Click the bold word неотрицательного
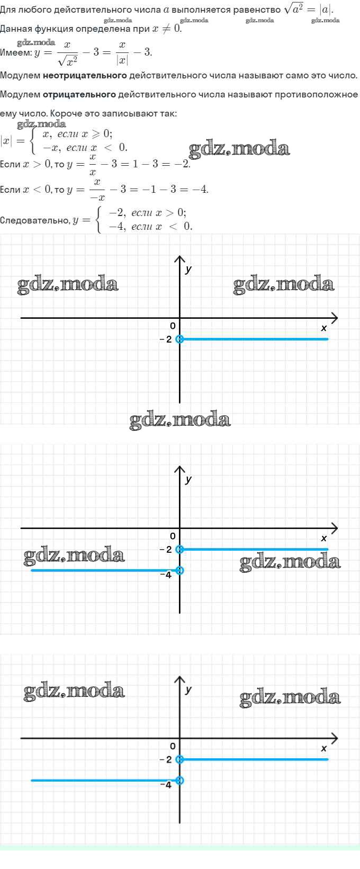(x=85, y=75)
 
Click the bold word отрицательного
(x=79, y=94)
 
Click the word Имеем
(x=16, y=52)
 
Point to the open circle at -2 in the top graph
(x=179, y=339)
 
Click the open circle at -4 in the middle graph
(x=179, y=570)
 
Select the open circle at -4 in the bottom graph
(x=179, y=780)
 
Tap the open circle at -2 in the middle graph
(x=179, y=549)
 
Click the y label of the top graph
(x=188, y=270)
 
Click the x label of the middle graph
(x=324, y=538)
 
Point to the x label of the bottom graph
(x=324, y=748)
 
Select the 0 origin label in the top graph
(x=173, y=326)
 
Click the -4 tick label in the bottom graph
(x=166, y=785)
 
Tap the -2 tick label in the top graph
(x=166, y=339)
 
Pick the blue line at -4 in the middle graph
(x=105, y=570)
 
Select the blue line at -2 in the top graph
(x=254, y=339)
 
